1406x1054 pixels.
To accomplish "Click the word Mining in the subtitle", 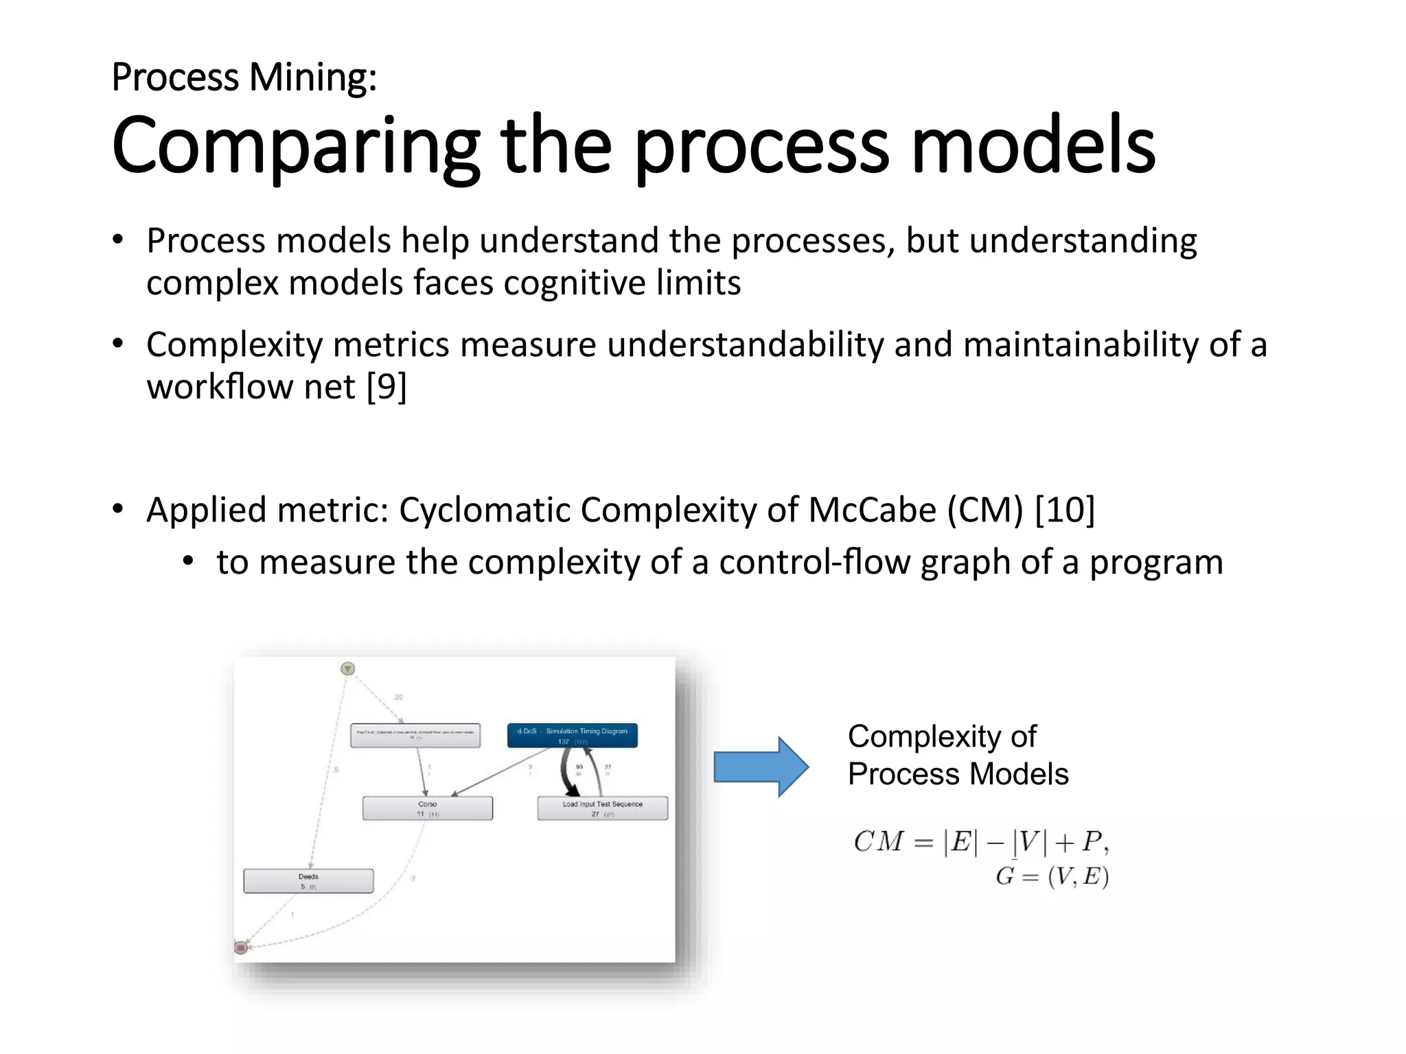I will point(312,77).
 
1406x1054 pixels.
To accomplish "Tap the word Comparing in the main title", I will point(295,146).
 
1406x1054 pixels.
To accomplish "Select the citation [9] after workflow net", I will point(387,387).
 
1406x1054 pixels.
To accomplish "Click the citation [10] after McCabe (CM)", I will point(1064,510).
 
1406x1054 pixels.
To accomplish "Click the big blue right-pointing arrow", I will point(761,766).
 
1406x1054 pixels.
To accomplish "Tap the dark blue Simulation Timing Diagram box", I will point(573,735).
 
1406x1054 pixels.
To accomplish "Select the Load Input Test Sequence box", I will point(602,808).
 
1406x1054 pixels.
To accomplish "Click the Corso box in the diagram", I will point(427,808).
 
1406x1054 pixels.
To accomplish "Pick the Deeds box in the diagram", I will point(308,881).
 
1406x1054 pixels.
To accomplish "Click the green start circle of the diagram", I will point(348,668).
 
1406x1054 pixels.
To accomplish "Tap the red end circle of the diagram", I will point(240,948).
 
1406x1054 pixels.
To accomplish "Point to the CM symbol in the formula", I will point(878,841).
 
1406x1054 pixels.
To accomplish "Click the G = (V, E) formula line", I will point(1052,876).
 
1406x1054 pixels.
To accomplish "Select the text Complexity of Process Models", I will point(957,755).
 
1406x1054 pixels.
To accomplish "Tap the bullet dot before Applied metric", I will point(118,508).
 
